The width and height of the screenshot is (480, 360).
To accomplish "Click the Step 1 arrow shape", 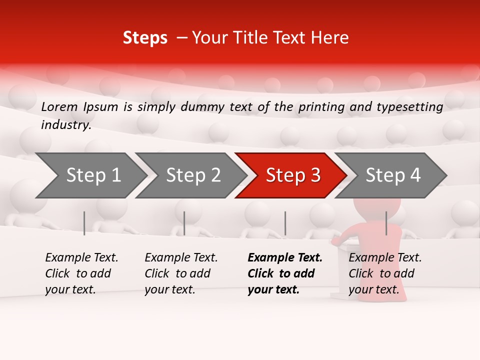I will click(x=90, y=175).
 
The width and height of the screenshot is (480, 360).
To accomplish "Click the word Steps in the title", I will click(x=145, y=38).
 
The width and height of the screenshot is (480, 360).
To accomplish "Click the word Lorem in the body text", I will click(x=59, y=106).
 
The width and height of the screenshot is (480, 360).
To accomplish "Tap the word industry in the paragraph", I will click(x=65, y=125).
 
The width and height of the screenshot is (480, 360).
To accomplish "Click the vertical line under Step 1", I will click(x=84, y=223).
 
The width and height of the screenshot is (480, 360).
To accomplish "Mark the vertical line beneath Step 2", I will click(x=184, y=223).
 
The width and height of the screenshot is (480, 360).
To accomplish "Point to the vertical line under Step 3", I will click(x=285, y=223).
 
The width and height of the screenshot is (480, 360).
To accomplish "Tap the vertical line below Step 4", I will click(x=386, y=223).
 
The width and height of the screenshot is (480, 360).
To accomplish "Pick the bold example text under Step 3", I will click(x=284, y=273).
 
